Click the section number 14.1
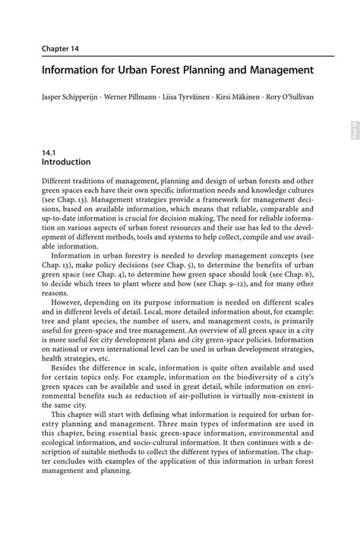(50, 152)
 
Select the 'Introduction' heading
(66, 163)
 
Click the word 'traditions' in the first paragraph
(97, 183)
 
